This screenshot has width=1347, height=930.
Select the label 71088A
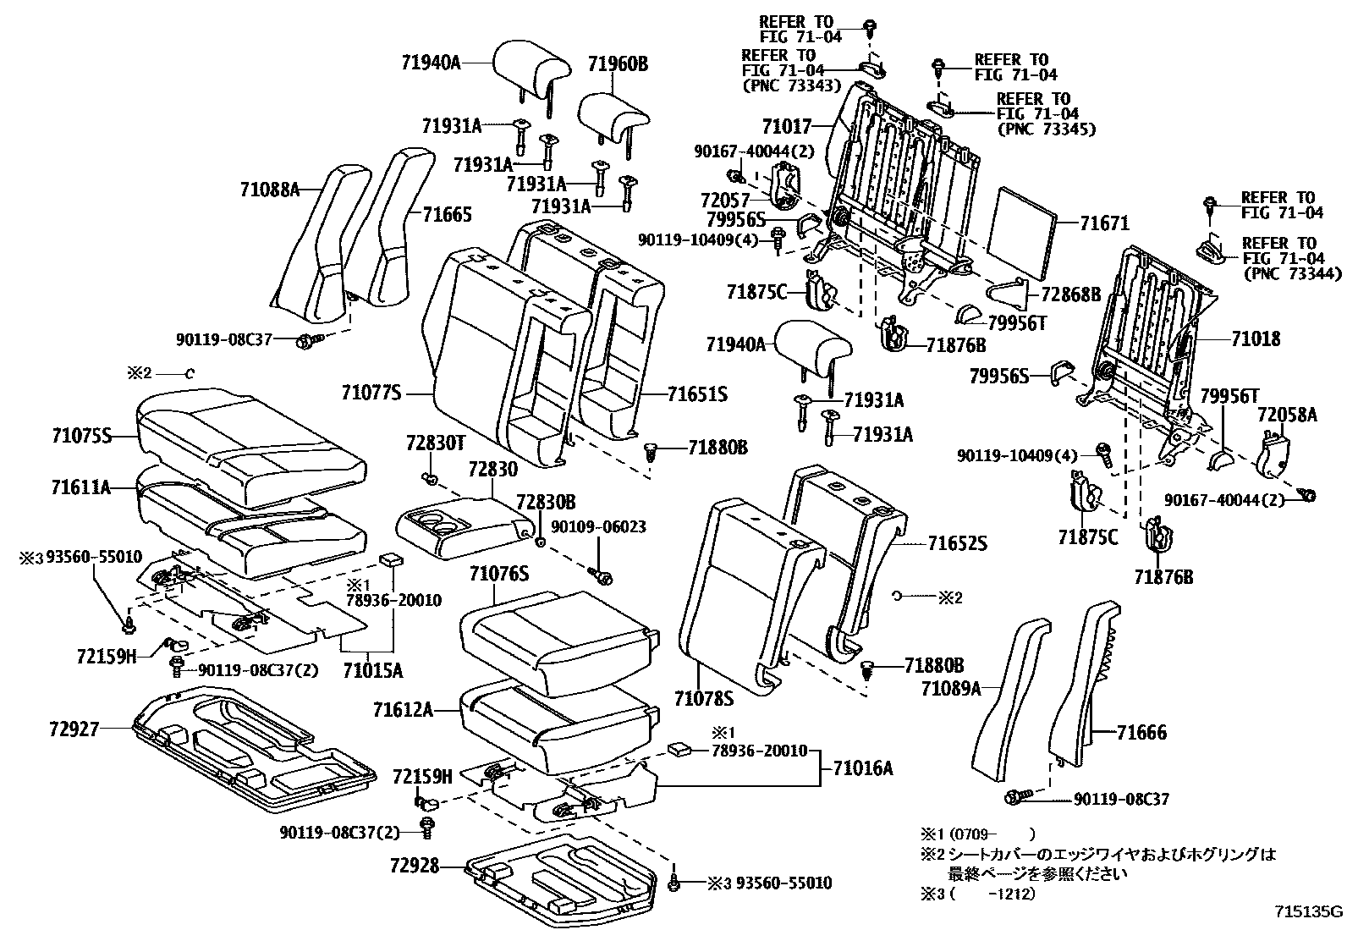[269, 190]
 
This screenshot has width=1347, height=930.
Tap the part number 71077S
[371, 393]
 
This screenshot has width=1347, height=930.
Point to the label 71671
[1104, 223]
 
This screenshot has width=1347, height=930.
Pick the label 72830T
[436, 443]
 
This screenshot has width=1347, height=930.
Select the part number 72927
[74, 728]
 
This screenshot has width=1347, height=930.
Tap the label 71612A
[403, 709]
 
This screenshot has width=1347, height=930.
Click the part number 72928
[415, 866]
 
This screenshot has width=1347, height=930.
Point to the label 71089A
[950, 688]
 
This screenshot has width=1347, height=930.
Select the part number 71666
[1141, 732]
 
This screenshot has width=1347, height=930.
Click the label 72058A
[1287, 414]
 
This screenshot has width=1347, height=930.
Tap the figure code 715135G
[1309, 911]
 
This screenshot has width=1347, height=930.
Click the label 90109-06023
[598, 527]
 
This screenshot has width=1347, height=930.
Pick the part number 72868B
[1070, 294]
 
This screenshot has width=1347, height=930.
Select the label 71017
[787, 128]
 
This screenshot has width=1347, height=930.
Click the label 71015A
[372, 670]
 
